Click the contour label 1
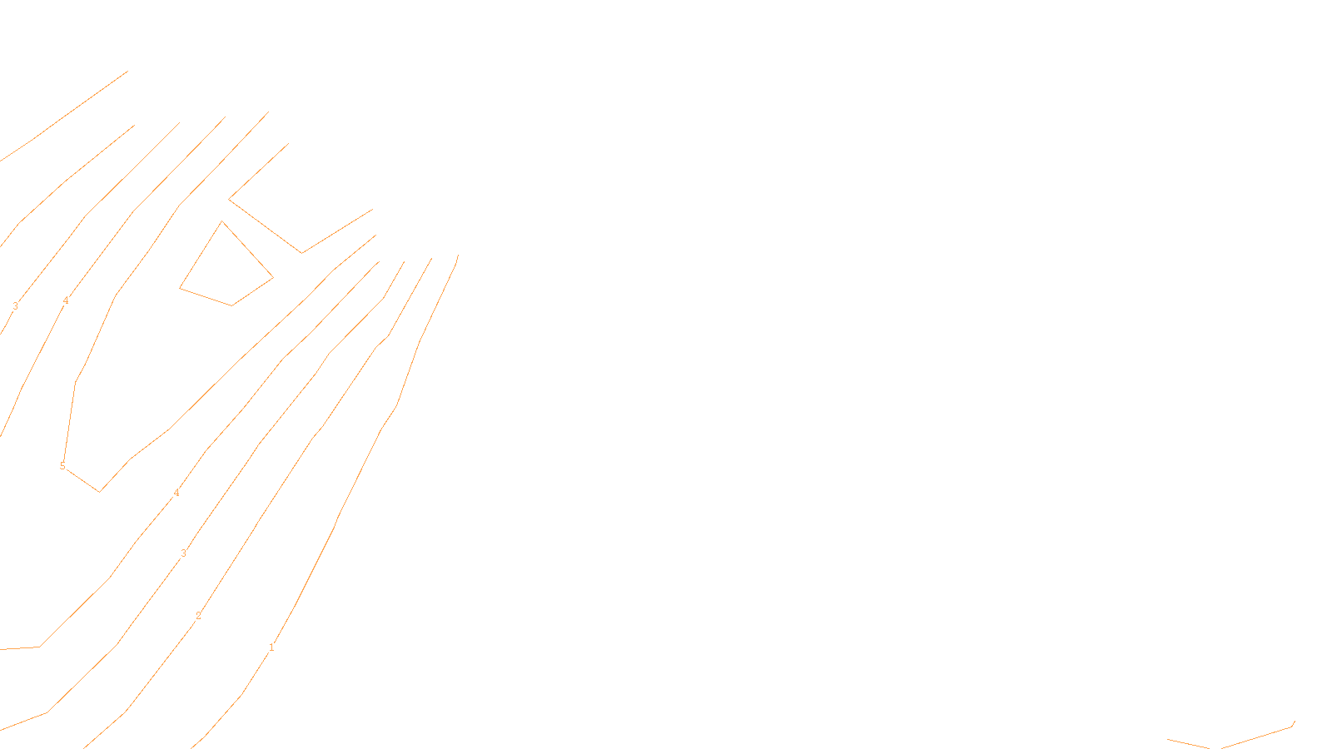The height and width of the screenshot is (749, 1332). (271, 647)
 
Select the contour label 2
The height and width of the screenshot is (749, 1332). (198, 616)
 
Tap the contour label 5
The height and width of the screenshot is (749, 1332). (62, 466)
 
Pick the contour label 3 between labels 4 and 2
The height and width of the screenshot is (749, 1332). (183, 553)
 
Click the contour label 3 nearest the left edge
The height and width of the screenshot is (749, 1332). (15, 306)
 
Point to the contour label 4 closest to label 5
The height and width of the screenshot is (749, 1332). (176, 493)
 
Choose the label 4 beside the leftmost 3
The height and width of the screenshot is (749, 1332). (66, 300)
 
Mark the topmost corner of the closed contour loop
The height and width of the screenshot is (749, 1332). (222, 221)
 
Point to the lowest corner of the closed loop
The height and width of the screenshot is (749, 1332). (232, 305)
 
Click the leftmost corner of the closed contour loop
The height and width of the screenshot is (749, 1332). (180, 288)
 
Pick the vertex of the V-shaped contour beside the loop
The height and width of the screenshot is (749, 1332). (301, 252)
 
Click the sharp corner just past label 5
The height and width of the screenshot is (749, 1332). (100, 491)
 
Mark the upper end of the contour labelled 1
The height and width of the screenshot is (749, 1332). (458, 255)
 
